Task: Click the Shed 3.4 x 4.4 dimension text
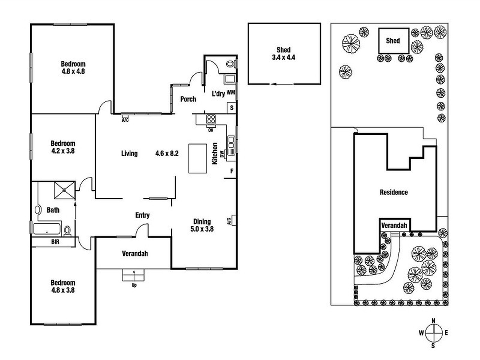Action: (284, 58)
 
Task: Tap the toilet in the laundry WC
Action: (231, 64)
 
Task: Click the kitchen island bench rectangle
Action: (198, 158)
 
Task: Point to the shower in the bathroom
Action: (64, 190)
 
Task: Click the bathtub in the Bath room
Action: (47, 229)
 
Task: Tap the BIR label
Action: (55, 242)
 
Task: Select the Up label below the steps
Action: (134, 285)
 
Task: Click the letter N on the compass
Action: (433, 321)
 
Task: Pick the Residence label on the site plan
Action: (394, 192)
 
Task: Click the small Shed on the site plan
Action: (394, 41)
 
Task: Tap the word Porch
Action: (188, 99)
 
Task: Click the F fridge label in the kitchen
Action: (232, 171)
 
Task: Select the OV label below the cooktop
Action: (211, 130)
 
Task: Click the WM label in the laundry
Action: (231, 92)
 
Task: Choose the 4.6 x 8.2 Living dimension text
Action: (167, 154)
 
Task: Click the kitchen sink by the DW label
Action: (231, 145)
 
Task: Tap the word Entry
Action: (142, 215)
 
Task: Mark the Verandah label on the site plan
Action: (394, 225)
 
